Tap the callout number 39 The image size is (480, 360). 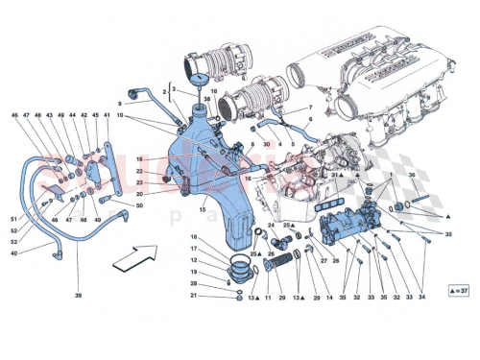click(x=78, y=296)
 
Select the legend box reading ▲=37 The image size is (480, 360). click(x=458, y=289)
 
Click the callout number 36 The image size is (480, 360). click(x=412, y=175)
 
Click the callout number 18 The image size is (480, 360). click(x=193, y=237)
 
